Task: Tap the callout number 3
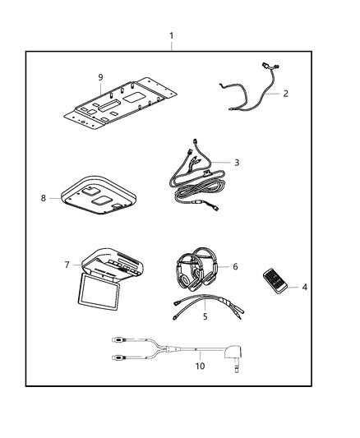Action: click(237, 163)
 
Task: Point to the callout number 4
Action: click(306, 287)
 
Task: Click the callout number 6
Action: click(235, 266)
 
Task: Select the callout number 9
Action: click(99, 77)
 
